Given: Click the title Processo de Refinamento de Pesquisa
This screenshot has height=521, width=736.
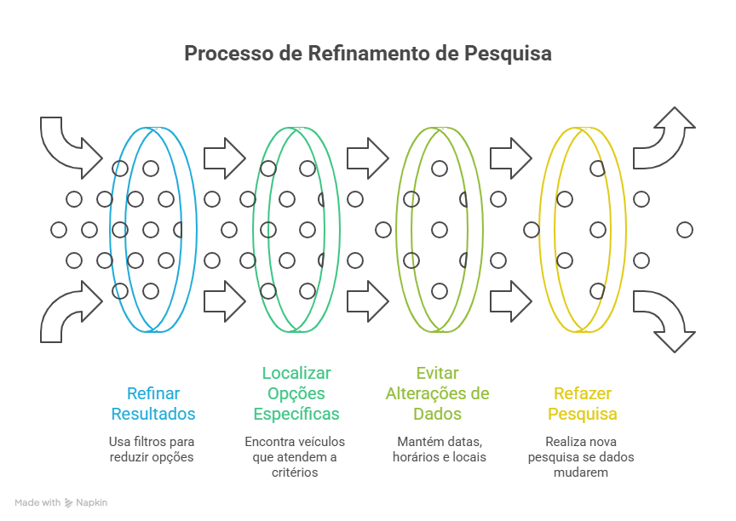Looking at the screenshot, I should click(x=368, y=54).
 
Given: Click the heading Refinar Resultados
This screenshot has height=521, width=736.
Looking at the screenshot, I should click(x=153, y=404).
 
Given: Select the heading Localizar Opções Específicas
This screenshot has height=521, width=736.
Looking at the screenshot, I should click(x=296, y=393).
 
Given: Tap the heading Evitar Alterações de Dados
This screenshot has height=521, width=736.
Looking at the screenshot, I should click(x=437, y=393).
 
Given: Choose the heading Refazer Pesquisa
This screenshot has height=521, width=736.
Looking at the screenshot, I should click(x=583, y=404).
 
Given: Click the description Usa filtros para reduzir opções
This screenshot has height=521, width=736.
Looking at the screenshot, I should click(x=152, y=449).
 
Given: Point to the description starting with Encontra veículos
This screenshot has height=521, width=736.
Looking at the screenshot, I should click(x=295, y=456).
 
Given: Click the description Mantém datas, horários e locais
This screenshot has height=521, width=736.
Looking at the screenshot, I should click(x=439, y=449).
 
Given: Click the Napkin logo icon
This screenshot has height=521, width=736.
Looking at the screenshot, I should click(x=69, y=502).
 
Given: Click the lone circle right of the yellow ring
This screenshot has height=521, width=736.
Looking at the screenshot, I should click(x=684, y=229).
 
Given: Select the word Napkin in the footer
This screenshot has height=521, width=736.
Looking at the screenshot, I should click(x=92, y=502).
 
